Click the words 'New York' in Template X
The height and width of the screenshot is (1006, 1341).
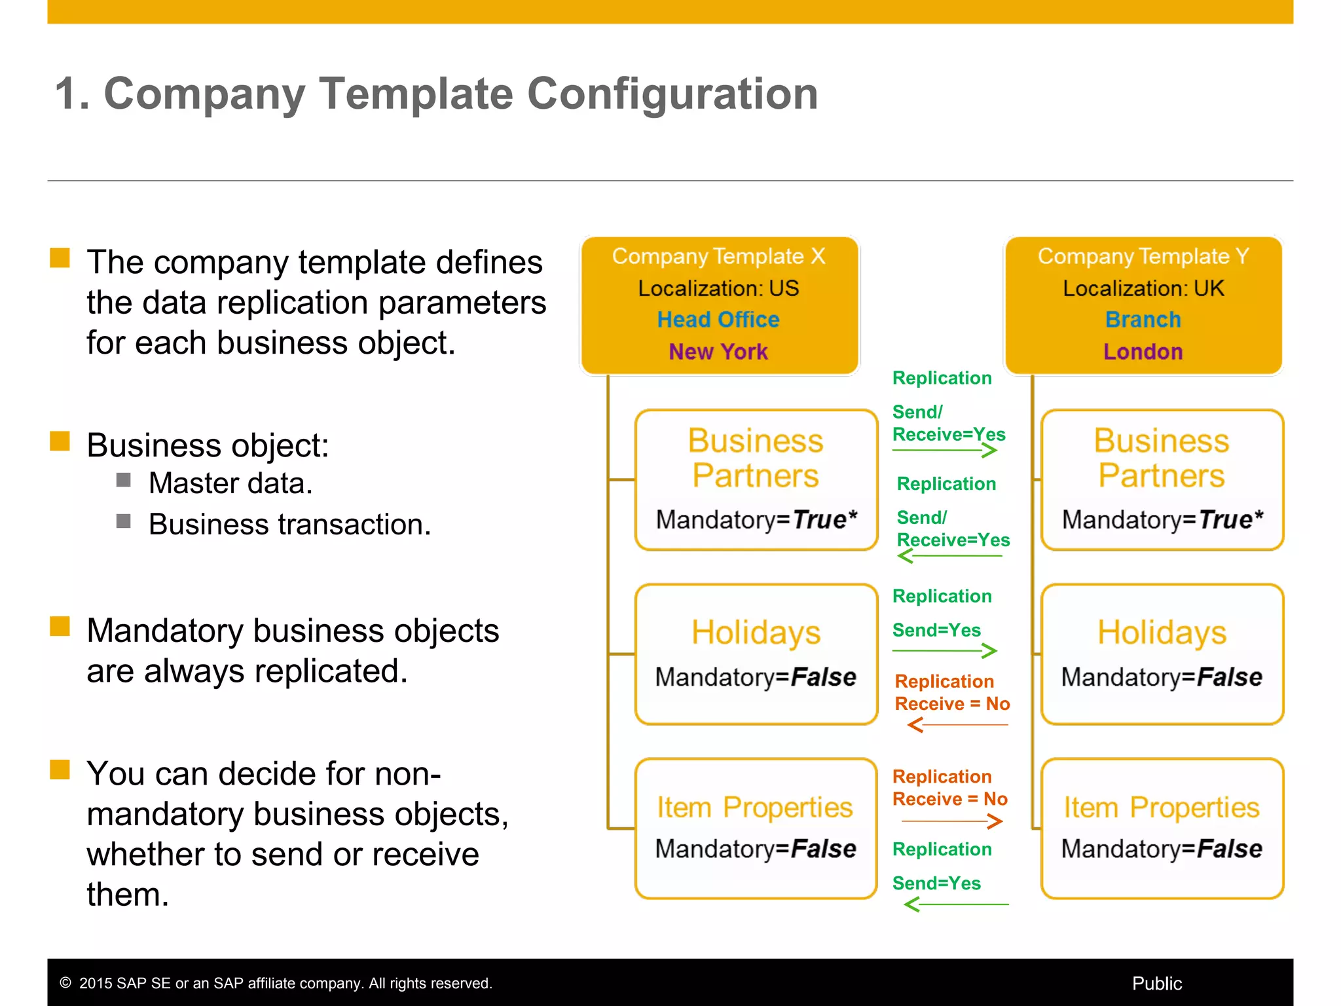pyautogui.click(x=718, y=352)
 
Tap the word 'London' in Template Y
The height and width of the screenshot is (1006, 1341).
pyautogui.click(x=1143, y=352)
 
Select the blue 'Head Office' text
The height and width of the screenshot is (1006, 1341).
pyautogui.click(x=718, y=320)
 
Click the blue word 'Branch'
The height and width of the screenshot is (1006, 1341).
pyautogui.click(x=1143, y=320)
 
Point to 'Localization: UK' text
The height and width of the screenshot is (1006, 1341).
pyautogui.click(x=1143, y=288)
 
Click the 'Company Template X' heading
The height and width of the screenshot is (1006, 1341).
pyautogui.click(x=718, y=256)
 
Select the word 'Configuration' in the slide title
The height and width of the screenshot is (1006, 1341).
pyautogui.click(x=672, y=94)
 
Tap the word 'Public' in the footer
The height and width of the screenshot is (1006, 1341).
pyautogui.click(x=1156, y=983)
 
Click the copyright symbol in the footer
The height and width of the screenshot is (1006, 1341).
pyautogui.click(x=65, y=982)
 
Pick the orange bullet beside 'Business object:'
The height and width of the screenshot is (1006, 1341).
pyautogui.click(x=60, y=441)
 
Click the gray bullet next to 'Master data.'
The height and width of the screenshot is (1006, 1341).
pyautogui.click(x=124, y=480)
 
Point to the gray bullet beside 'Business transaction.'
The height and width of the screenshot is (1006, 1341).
pyautogui.click(x=124, y=521)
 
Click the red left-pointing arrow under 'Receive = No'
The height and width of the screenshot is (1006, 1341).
pyautogui.click(x=957, y=725)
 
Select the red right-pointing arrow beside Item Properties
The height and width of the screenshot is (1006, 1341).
pyautogui.click(x=952, y=821)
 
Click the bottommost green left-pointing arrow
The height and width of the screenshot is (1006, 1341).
pyautogui.click(x=956, y=904)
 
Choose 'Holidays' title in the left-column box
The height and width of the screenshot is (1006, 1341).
pyautogui.click(x=756, y=633)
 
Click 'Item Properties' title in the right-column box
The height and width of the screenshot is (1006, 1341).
pyautogui.click(x=1161, y=808)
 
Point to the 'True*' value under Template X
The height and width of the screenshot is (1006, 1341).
pyautogui.click(x=824, y=519)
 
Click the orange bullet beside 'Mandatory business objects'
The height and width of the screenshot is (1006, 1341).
pyautogui.click(x=60, y=627)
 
